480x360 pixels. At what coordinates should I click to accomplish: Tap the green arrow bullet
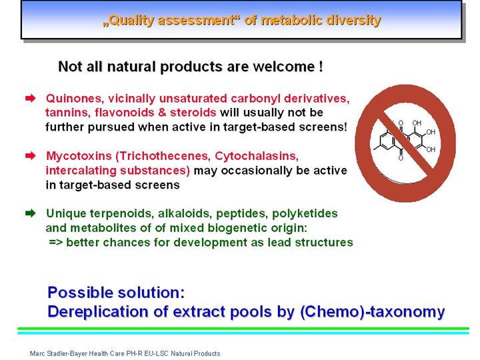(x=31, y=213)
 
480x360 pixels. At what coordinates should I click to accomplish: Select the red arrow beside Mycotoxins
(x=31, y=156)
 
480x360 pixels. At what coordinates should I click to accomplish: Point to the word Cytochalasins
(x=257, y=156)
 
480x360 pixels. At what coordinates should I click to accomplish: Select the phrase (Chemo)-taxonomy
(x=372, y=312)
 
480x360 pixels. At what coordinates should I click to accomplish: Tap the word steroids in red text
(x=193, y=113)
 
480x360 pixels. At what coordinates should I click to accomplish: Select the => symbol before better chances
(x=56, y=243)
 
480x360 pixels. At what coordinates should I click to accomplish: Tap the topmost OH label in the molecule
(x=417, y=123)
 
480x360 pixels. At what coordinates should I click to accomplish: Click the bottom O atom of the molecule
(x=401, y=158)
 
